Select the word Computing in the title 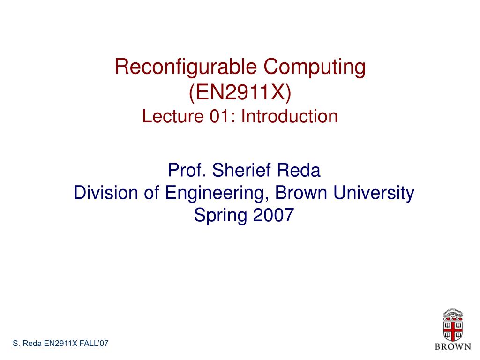[x=315, y=67]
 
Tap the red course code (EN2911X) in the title [x=240, y=92]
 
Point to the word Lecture [x=173, y=116]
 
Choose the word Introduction [x=290, y=116]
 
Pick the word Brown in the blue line [x=301, y=193]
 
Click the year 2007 [x=274, y=215]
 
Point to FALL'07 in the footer [x=94, y=343]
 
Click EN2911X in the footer [x=61, y=343]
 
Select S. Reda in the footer [x=27, y=343]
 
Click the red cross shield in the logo [x=453, y=330]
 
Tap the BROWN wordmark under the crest [x=453, y=346]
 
